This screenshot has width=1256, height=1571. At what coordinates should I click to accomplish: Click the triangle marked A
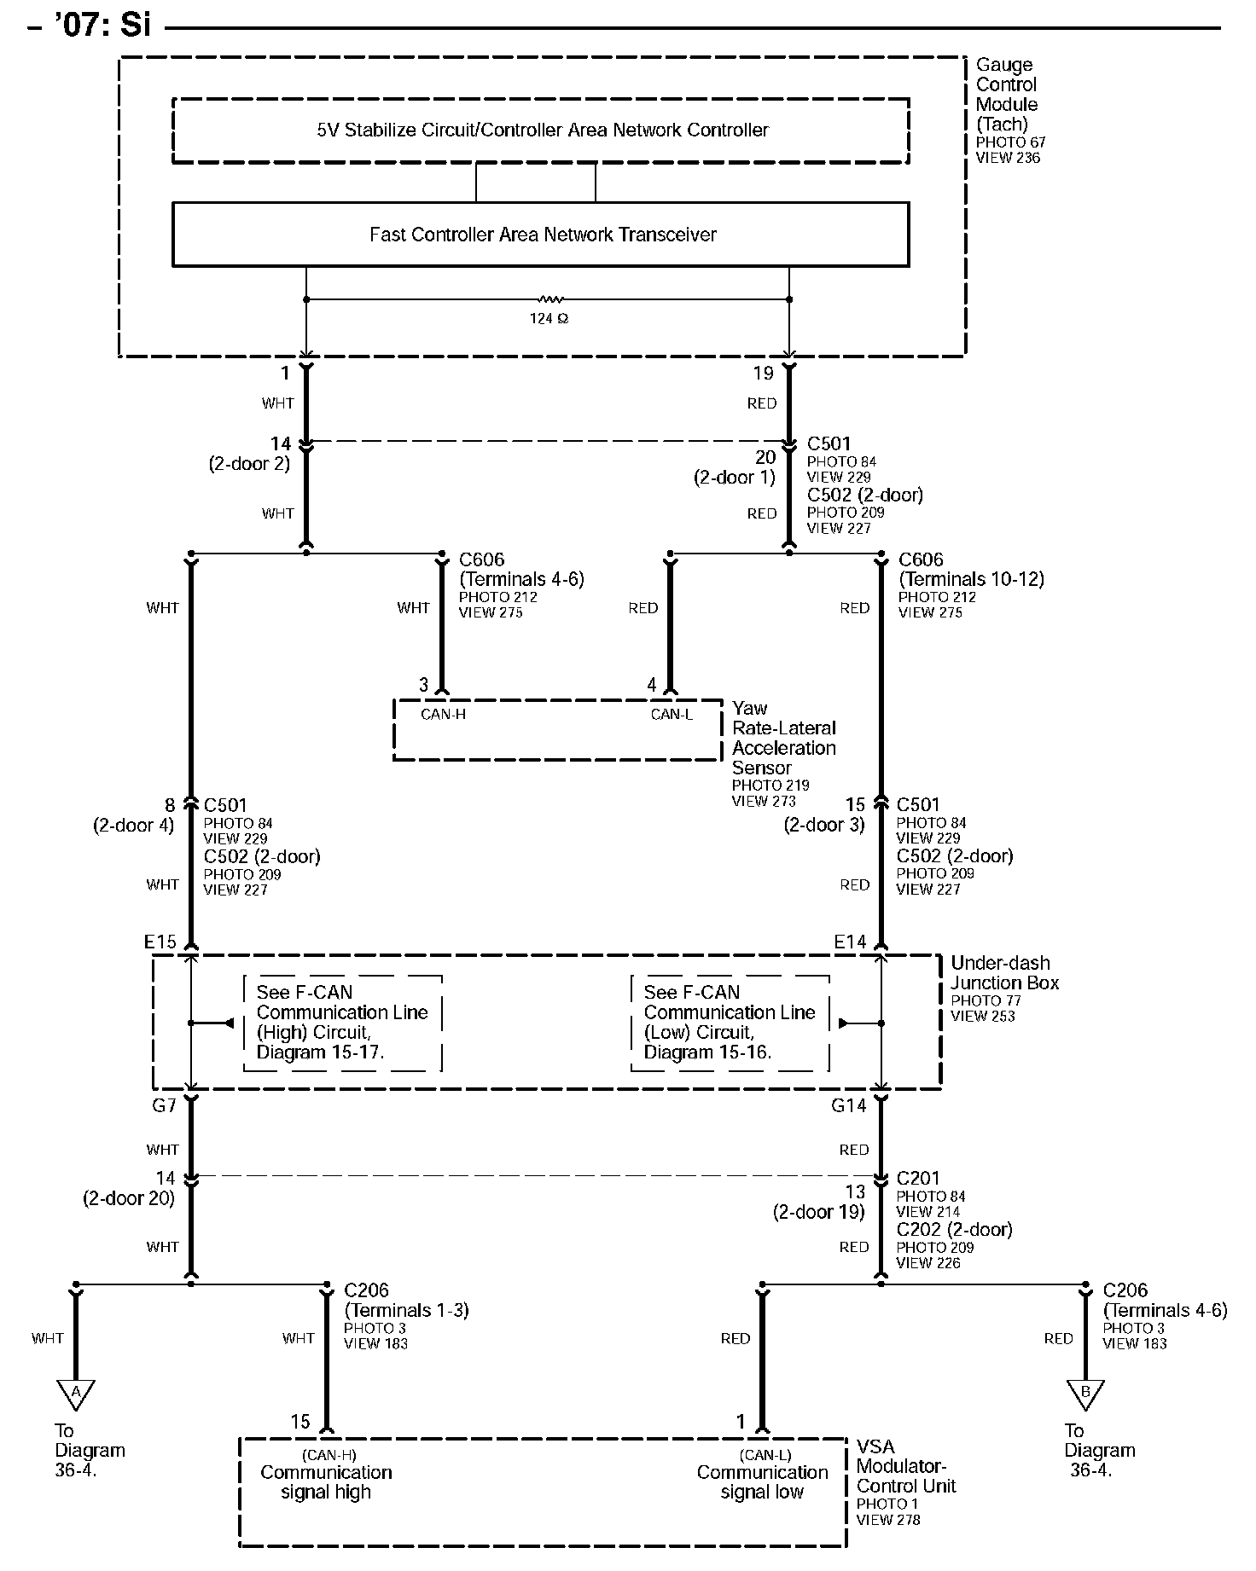tap(76, 1393)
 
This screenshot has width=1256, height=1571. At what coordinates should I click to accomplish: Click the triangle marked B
tap(1085, 1393)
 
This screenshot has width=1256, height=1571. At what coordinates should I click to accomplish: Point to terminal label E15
tap(160, 942)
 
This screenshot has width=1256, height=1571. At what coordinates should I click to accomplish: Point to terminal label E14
tap(850, 942)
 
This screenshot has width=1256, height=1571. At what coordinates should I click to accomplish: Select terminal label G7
tap(163, 1105)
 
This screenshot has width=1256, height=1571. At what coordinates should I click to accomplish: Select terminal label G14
tap(848, 1105)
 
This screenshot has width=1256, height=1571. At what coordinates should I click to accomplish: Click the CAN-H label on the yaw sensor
tap(443, 714)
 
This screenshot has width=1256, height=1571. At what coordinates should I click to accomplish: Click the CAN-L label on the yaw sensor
tap(672, 714)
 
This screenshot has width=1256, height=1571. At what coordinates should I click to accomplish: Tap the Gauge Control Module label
tap(1007, 95)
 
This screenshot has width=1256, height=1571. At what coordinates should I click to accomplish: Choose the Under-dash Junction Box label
tap(1004, 973)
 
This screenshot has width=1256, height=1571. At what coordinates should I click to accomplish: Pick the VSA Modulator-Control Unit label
tap(905, 1466)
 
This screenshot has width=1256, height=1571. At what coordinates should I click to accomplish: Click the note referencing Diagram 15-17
tap(342, 1022)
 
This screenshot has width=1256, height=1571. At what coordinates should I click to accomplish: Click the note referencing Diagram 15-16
tap(730, 1022)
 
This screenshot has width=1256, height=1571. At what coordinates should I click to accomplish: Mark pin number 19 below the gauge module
tap(763, 373)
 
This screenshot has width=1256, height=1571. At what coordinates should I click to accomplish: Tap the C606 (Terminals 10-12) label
tap(971, 569)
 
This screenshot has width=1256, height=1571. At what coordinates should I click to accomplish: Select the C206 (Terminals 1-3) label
tap(406, 1300)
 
